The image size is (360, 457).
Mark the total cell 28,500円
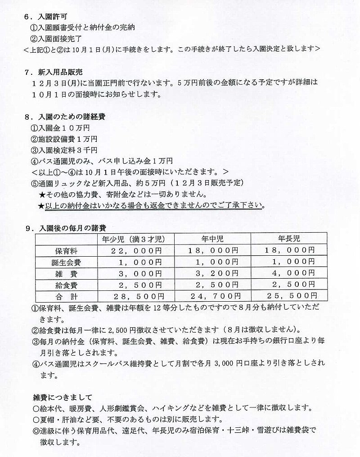[136, 296]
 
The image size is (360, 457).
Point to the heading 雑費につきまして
[62, 397]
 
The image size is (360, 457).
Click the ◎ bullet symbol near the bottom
[36, 430]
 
